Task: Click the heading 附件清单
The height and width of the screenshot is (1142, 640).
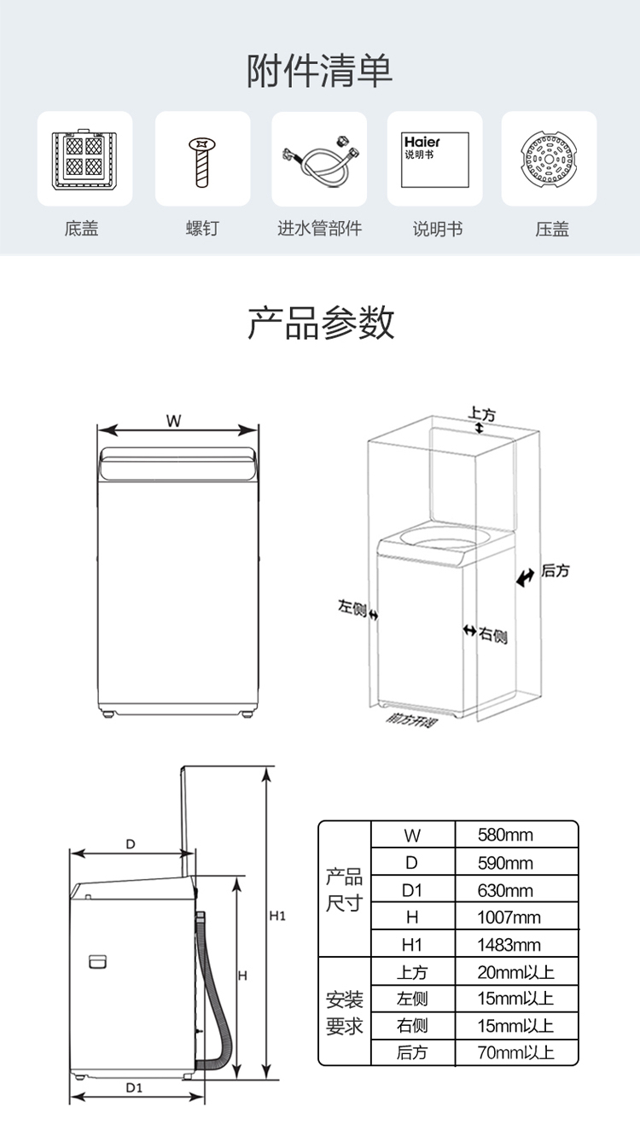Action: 320,70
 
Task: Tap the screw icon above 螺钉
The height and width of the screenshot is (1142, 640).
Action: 202,160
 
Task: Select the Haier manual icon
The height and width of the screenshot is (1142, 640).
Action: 435,159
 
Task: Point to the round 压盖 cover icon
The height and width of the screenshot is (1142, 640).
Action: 549,160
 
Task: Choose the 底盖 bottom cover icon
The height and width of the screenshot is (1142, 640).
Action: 84,159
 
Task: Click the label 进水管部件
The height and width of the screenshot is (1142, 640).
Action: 320,229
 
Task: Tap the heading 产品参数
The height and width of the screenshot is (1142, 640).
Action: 320,323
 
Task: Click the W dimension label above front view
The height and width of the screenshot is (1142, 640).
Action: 174,420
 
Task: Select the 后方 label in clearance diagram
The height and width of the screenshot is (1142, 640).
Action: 556,570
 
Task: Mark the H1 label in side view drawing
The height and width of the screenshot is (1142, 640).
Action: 276,916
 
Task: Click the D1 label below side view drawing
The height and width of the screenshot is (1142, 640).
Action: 134,1087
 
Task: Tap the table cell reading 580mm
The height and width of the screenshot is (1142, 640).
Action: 505,835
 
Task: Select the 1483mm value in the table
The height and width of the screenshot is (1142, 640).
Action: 509,945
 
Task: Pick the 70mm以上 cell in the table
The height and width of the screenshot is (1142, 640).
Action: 515,1052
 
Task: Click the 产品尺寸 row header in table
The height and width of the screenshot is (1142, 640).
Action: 345,889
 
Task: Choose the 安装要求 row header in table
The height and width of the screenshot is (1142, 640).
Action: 345,1011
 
